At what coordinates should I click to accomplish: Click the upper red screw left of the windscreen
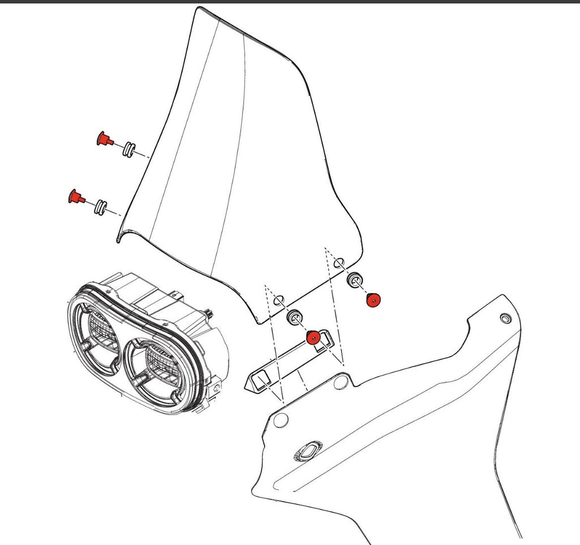[x=104, y=138]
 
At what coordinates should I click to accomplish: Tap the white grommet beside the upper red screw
[x=129, y=149]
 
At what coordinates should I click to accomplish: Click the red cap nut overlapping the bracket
[x=313, y=338]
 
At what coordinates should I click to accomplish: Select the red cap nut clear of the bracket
[x=373, y=299]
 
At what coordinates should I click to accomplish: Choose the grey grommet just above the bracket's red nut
[x=294, y=317]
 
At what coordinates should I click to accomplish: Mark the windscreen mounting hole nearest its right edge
[x=339, y=263]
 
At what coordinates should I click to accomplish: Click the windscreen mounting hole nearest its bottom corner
[x=279, y=301]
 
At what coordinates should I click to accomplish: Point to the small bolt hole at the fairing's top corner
[x=505, y=318]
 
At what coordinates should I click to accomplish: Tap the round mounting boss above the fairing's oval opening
[x=281, y=419]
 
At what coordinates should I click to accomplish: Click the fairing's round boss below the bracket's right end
[x=341, y=383]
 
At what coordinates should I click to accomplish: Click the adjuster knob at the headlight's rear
[x=210, y=312]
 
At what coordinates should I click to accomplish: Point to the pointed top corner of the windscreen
[x=198, y=9]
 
